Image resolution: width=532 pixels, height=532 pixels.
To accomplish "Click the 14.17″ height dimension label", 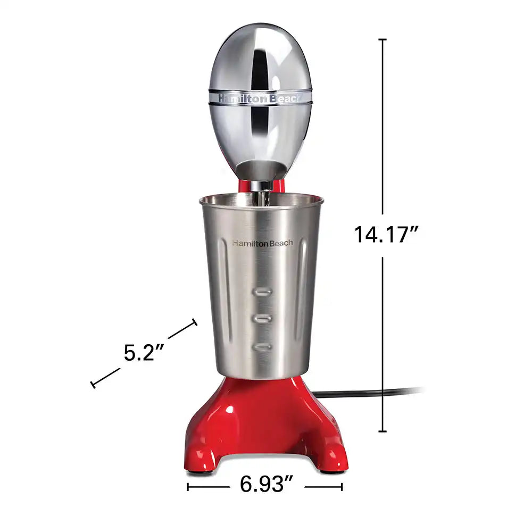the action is [386, 235].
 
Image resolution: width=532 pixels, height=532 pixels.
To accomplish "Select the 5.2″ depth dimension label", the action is [144, 353].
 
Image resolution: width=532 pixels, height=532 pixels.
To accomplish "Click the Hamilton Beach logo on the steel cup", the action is [263, 243].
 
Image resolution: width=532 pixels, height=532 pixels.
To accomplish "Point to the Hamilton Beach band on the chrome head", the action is [260, 98].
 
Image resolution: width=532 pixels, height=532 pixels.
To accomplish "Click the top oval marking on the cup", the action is [262, 291].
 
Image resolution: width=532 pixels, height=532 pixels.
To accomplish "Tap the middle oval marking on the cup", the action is [262, 318].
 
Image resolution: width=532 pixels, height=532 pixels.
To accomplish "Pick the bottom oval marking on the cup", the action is [262, 347].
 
